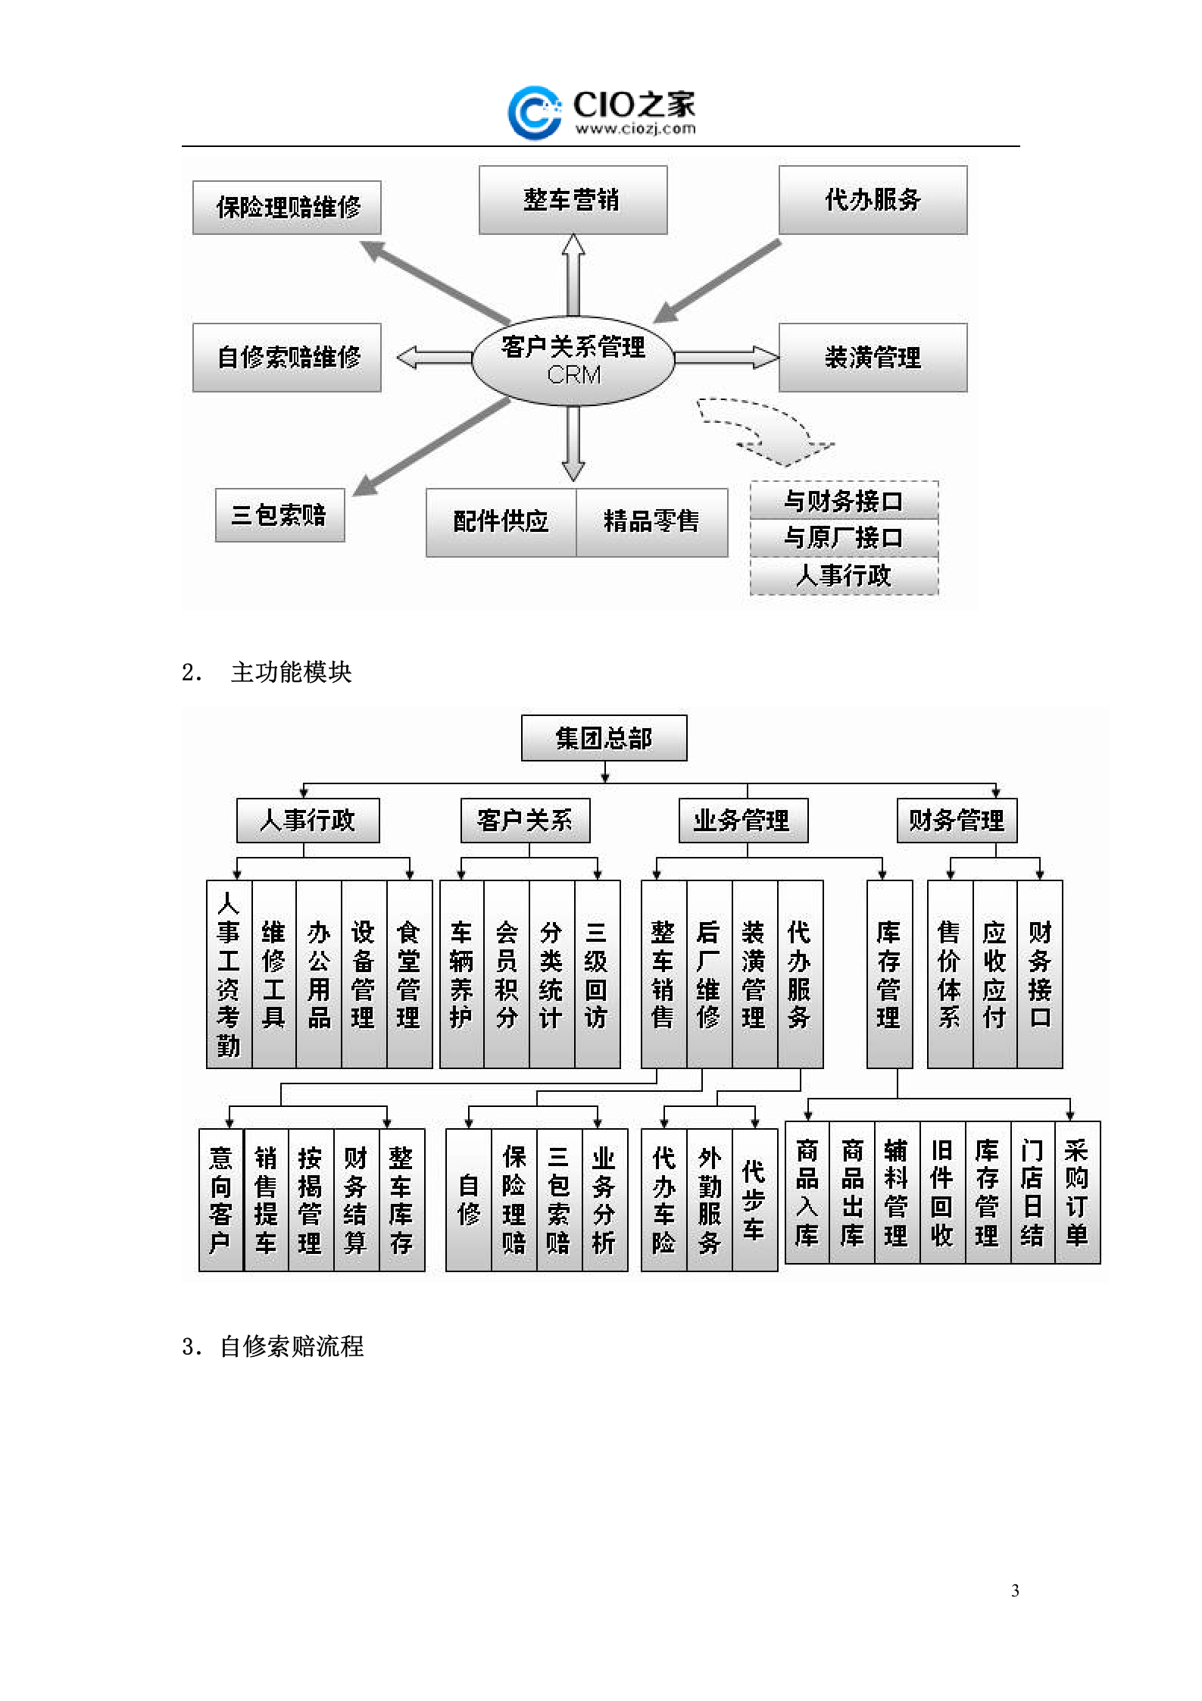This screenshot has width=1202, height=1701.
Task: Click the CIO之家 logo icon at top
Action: [x=534, y=113]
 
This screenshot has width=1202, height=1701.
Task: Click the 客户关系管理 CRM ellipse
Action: [x=573, y=360]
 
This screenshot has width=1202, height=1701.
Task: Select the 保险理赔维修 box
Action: [x=287, y=207]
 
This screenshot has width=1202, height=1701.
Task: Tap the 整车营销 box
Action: [x=573, y=200]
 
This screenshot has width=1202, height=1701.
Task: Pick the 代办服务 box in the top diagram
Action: [x=873, y=200]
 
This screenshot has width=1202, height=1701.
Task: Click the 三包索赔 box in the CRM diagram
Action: [x=279, y=514]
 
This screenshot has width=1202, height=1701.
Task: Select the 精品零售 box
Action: [x=651, y=521]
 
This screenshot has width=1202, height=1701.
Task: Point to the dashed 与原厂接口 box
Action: [x=844, y=538]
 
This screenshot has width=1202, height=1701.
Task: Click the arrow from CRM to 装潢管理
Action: [x=726, y=357]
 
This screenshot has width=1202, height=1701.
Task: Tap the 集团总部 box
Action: [x=604, y=737]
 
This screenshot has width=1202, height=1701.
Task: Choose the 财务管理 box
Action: [x=956, y=820]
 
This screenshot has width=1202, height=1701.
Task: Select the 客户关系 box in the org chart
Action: [x=525, y=820]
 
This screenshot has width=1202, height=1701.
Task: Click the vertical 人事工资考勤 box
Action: [x=229, y=974]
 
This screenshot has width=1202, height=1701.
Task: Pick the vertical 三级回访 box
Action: [x=597, y=974]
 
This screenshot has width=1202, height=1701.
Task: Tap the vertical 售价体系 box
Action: [x=949, y=974]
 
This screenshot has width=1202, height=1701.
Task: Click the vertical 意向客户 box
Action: [x=220, y=1199]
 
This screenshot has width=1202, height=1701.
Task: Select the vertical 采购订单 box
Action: [x=1076, y=1192]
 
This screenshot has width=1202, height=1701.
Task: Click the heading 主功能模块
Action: [x=291, y=672]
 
